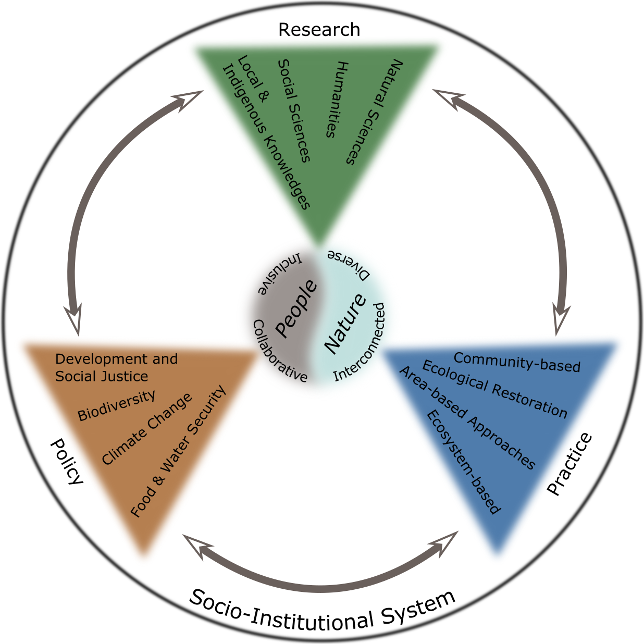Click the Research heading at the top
(x=319, y=30)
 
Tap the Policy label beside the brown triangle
(x=67, y=462)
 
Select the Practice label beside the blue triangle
(x=570, y=464)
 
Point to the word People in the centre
(x=295, y=308)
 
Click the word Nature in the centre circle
(x=345, y=324)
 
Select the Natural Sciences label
(x=375, y=112)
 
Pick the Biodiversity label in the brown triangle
(x=116, y=405)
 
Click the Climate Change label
(x=147, y=429)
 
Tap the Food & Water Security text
(x=179, y=452)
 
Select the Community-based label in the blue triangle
(x=517, y=363)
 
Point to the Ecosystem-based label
(x=463, y=462)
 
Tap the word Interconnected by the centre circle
(x=361, y=342)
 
